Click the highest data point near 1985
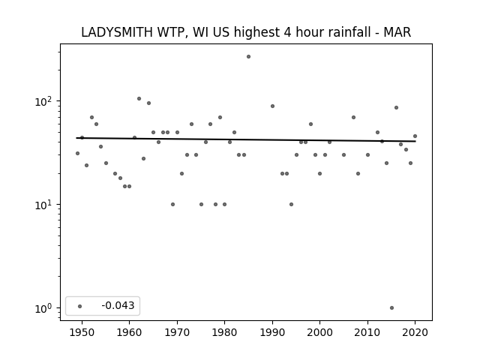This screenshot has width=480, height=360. [248, 57]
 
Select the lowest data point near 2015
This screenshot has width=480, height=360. [391, 308]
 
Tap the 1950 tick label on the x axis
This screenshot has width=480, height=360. [82, 332]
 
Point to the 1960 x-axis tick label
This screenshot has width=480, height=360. [129, 332]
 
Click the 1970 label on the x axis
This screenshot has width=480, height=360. [177, 332]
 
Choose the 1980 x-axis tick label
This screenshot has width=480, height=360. [224, 332]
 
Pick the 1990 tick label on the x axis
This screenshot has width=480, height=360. [272, 332]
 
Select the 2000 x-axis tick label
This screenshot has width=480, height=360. [319, 332]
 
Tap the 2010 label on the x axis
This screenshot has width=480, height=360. [367, 332]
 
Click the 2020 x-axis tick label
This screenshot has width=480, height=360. [415, 332]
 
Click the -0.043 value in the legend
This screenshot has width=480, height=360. [118, 305]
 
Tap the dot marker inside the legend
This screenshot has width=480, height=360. [80, 306]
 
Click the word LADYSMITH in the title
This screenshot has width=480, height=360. [117, 32]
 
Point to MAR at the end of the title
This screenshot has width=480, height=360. [397, 32]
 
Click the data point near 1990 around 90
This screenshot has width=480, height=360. [272, 106]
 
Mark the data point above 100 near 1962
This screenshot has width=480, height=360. [139, 98]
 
